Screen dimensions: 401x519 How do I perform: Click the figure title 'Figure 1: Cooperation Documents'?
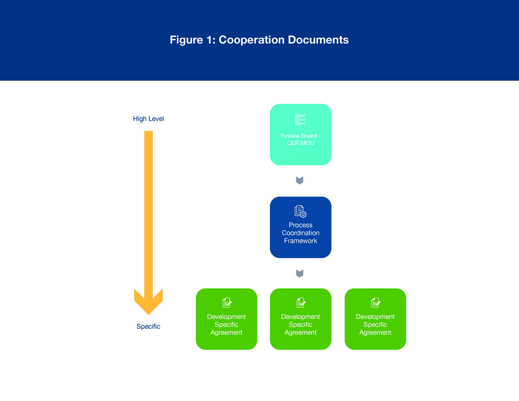(259, 40)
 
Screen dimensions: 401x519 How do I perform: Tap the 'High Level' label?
(148, 119)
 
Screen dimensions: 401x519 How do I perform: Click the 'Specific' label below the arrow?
(148, 327)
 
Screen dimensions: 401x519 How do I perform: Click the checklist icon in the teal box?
(300, 120)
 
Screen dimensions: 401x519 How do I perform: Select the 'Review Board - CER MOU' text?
(301, 139)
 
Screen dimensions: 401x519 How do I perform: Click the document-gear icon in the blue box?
(300, 212)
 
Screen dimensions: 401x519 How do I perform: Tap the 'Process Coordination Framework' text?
(301, 233)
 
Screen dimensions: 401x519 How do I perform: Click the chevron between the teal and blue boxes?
(299, 180)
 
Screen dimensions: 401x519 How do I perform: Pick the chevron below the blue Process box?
(299, 273)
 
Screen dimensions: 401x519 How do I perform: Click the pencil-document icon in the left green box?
(227, 302)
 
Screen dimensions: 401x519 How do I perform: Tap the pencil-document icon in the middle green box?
(301, 302)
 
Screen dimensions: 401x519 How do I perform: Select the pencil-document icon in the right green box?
(375, 302)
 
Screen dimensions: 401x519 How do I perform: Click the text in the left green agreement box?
(227, 324)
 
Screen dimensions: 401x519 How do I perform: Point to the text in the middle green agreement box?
(301, 324)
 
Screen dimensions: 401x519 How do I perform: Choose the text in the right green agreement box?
(375, 324)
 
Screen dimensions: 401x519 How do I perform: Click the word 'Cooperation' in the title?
(248, 40)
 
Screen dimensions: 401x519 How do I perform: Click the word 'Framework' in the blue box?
(301, 241)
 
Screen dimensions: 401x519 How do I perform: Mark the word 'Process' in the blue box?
(301, 225)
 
